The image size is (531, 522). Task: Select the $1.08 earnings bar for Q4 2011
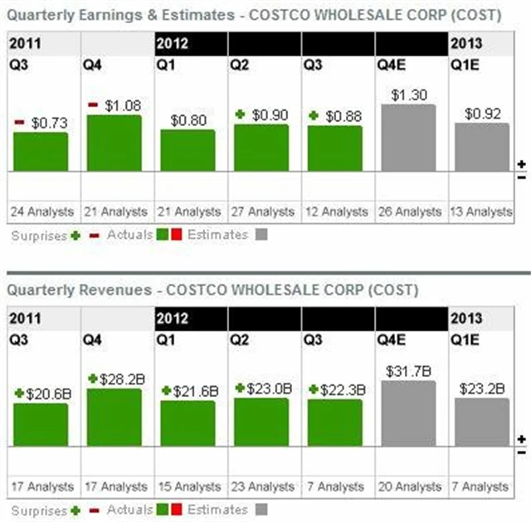click(x=114, y=143)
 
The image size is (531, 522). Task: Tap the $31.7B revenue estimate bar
click(x=408, y=413)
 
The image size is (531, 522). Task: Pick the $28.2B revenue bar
click(x=114, y=417)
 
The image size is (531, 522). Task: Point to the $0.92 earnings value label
click(x=482, y=114)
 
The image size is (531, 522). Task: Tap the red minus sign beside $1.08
click(x=93, y=105)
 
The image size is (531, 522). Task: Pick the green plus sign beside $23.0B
click(x=241, y=388)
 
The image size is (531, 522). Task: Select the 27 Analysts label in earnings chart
click(x=261, y=212)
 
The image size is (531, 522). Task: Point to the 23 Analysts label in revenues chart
click(x=261, y=486)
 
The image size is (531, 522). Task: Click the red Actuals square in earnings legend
click(x=177, y=234)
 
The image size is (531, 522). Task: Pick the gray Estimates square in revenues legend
click(x=262, y=510)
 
